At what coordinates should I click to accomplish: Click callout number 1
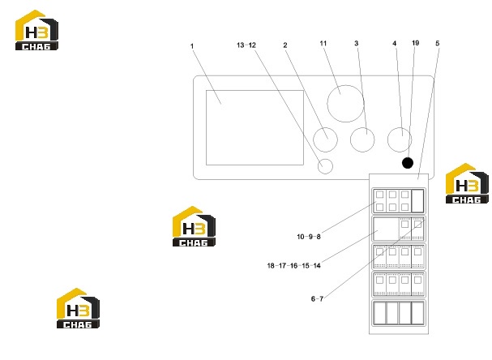(192, 46)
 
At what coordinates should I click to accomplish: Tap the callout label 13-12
(246, 45)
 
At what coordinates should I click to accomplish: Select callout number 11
(323, 43)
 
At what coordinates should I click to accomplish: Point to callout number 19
(416, 43)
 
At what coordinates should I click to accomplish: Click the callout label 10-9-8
(309, 237)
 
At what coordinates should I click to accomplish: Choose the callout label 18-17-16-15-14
(293, 265)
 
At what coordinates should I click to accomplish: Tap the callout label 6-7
(317, 299)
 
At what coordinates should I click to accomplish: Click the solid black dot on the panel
(408, 163)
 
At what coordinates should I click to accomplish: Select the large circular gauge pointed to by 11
(345, 104)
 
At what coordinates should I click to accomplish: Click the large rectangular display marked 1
(255, 127)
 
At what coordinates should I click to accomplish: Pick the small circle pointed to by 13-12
(325, 166)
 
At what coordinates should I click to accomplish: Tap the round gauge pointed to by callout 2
(325, 139)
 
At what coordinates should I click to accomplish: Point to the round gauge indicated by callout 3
(362, 139)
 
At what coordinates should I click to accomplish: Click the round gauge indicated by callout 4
(400, 139)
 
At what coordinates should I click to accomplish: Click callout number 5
(438, 43)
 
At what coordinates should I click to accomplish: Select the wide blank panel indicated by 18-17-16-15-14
(386, 229)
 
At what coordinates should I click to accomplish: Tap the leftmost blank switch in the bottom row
(379, 313)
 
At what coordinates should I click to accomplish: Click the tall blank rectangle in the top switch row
(417, 200)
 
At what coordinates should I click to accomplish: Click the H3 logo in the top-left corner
(36, 30)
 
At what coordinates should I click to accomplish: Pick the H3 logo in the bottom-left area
(78, 308)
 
